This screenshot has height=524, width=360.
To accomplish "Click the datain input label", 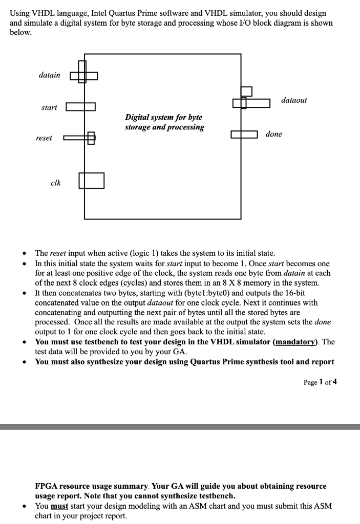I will tap(49, 75).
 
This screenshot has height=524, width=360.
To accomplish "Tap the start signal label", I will tap(49, 107).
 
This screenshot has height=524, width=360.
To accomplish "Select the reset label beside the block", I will tap(44, 138).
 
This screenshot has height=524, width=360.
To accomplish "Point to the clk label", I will tap(56, 183).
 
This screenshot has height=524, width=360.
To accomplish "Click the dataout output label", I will tap(294, 100).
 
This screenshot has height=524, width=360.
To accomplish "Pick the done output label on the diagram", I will tap(273, 134).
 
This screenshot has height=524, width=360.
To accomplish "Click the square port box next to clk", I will tap(91, 180).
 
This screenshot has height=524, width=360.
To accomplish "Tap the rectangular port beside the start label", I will tap(80, 107).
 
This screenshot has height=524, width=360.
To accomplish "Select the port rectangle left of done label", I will tap(244, 135).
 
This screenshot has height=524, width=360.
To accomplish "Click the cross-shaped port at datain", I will tap(83, 76).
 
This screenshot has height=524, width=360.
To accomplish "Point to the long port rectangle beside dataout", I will tap(251, 103).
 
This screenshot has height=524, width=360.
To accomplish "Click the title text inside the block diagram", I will tap(164, 122).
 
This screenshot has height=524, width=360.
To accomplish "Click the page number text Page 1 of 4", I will tap(320, 382).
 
